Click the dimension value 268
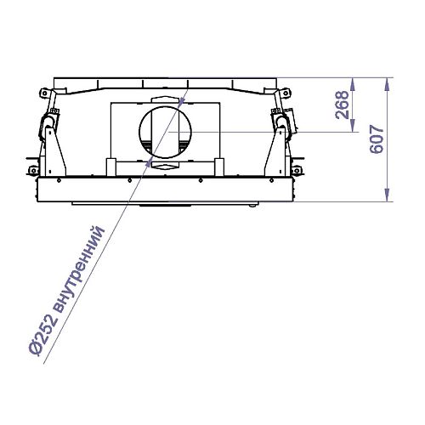click(342, 105)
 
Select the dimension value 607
click(377, 139)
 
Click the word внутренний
click(78, 269)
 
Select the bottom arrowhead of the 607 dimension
click(388, 195)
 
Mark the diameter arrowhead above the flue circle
click(183, 102)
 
